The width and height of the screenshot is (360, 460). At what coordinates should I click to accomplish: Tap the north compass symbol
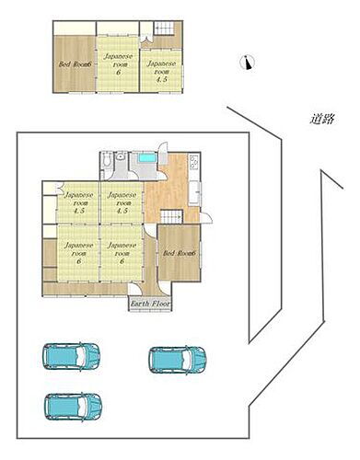tap(245, 63)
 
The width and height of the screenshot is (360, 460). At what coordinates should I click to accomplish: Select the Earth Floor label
tap(148, 303)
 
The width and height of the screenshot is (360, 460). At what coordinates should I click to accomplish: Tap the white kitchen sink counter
tap(195, 193)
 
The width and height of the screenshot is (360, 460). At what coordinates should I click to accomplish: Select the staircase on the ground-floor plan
tap(172, 217)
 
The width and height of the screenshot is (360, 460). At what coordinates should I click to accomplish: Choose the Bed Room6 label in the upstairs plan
tap(74, 64)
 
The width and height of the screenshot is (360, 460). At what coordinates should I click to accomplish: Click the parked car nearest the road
tap(179, 357)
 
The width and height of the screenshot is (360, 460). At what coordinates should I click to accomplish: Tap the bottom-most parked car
tap(73, 404)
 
